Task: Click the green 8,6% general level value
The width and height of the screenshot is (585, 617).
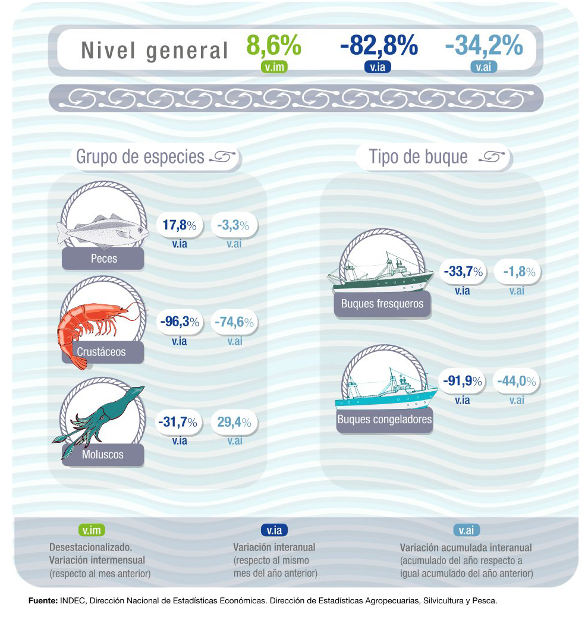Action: pyautogui.click(x=273, y=46)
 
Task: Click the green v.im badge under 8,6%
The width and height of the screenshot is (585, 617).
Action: pyautogui.click(x=274, y=67)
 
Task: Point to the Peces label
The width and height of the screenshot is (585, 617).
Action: pyautogui.click(x=104, y=259)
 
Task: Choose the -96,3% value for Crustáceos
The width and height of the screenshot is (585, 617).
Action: pyautogui.click(x=179, y=322)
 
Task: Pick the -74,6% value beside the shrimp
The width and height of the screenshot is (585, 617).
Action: pyautogui.click(x=234, y=322)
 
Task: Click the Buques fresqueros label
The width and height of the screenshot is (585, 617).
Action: pyautogui.click(x=382, y=304)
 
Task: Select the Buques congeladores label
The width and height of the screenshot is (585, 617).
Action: pyautogui.click(x=384, y=420)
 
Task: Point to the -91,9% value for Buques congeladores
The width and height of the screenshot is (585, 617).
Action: pyautogui.click(x=462, y=380)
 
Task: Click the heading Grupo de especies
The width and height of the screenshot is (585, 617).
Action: pyautogui.click(x=140, y=158)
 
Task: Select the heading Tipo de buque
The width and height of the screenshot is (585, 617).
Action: pyautogui.click(x=418, y=158)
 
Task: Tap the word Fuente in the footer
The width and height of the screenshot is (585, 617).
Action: pyautogui.click(x=42, y=601)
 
